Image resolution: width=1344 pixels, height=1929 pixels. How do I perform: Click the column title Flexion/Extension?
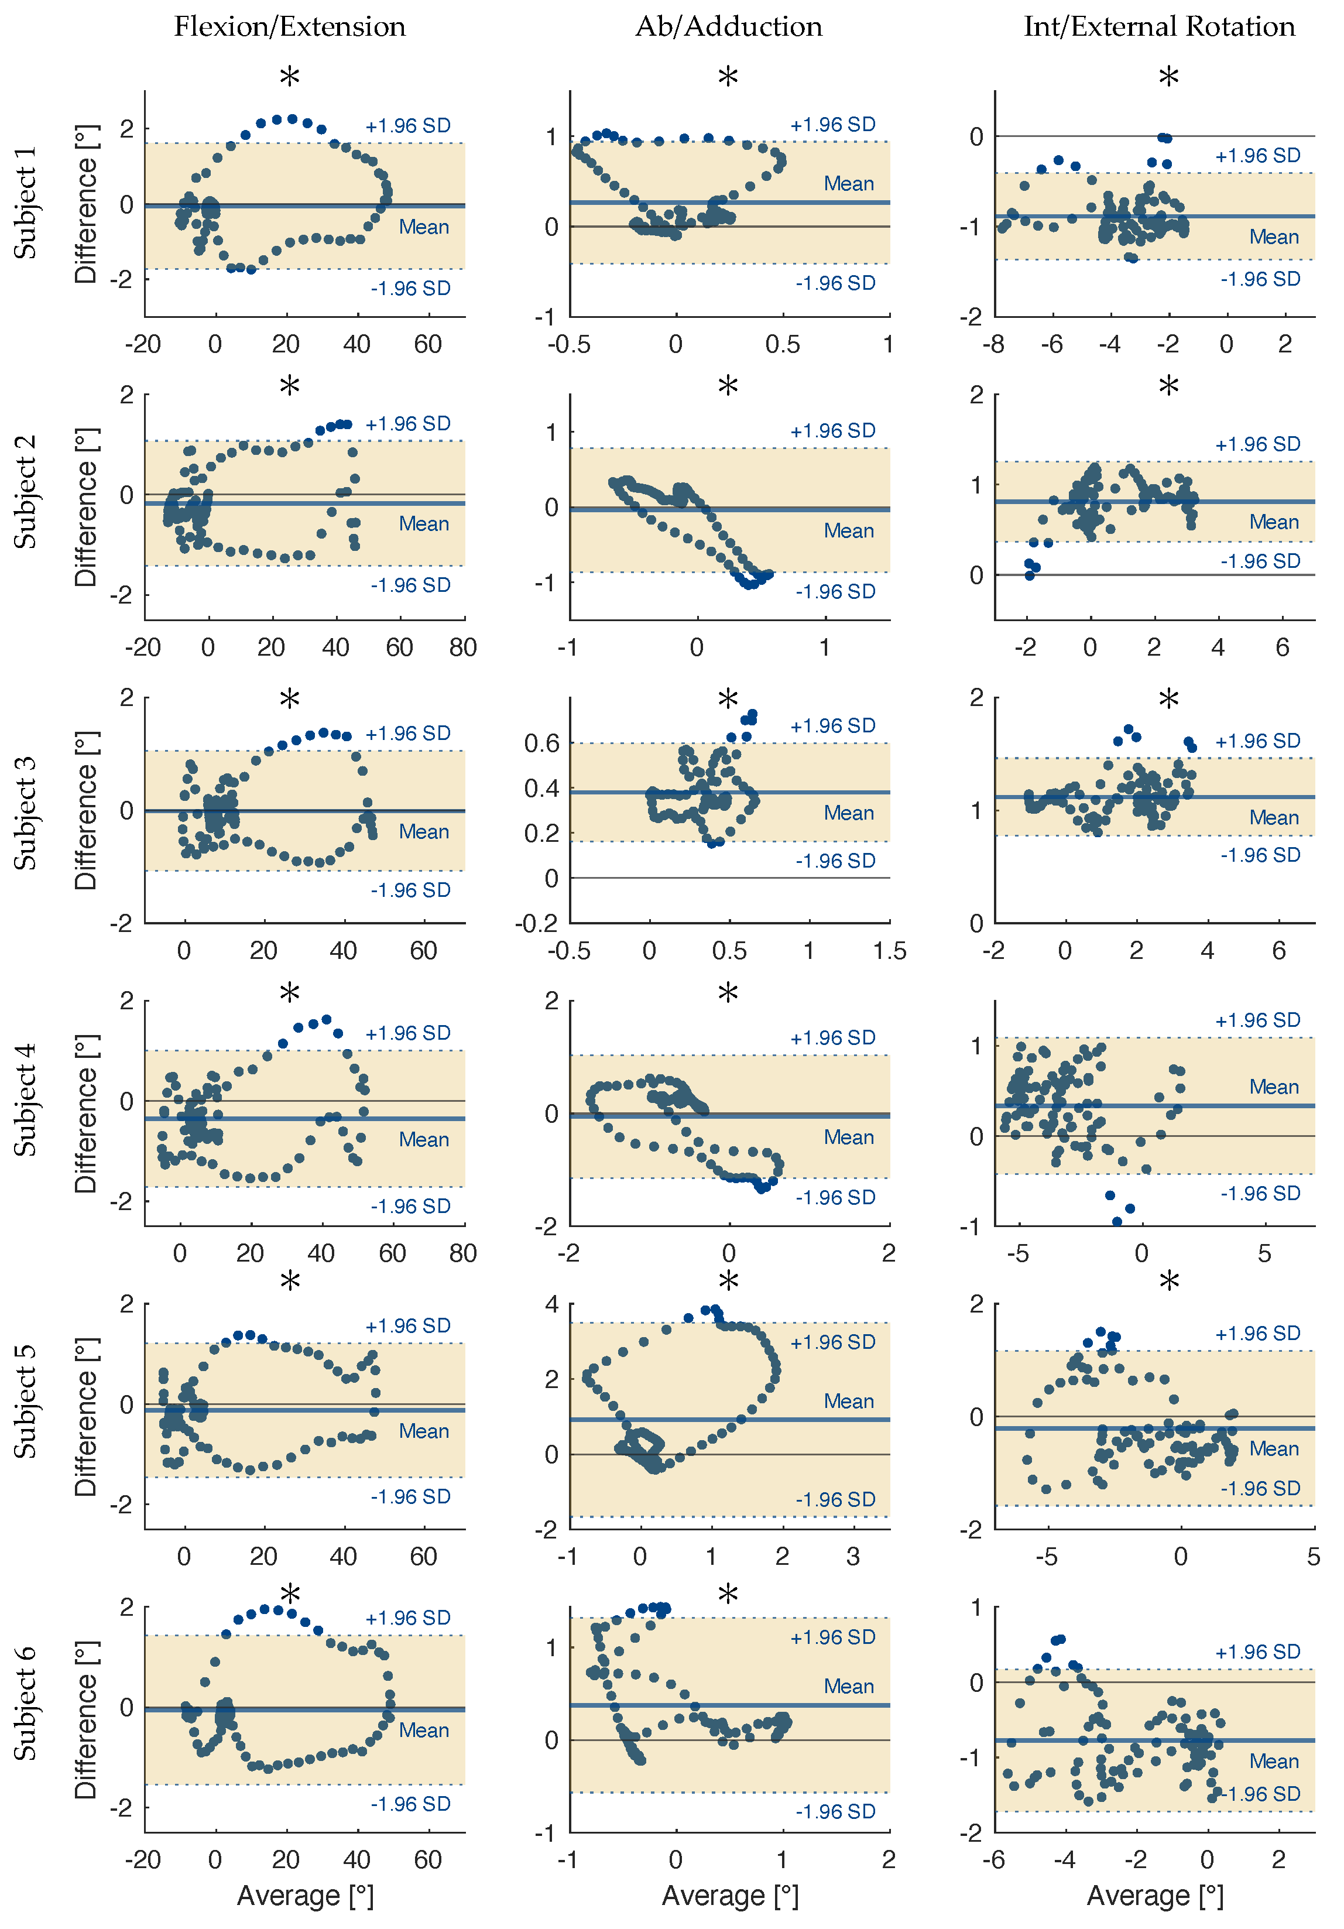(x=290, y=27)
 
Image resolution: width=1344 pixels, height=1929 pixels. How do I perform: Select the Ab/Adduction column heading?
(x=728, y=27)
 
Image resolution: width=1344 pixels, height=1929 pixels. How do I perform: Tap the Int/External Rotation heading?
(x=1159, y=27)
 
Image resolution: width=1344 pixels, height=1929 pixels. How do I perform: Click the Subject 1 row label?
(x=25, y=203)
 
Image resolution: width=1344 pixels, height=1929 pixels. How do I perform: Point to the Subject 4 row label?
(x=25, y=1100)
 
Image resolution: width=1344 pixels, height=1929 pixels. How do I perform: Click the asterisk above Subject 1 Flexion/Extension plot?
(x=289, y=78)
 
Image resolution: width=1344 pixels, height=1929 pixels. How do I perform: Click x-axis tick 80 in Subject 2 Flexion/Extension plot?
(x=463, y=647)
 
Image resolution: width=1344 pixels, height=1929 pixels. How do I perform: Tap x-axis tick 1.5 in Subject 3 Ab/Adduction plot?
(x=889, y=951)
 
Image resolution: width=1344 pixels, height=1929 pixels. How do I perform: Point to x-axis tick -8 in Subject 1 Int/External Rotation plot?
(x=994, y=344)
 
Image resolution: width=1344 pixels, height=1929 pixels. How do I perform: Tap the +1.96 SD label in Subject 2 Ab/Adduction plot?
(x=832, y=431)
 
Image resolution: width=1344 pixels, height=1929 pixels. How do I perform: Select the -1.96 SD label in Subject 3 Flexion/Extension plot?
(x=411, y=890)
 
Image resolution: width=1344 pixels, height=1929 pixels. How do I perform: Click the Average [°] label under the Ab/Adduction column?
(x=729, y=1896)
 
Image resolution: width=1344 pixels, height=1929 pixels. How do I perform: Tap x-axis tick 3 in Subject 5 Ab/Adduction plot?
(x=853, y=1557)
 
